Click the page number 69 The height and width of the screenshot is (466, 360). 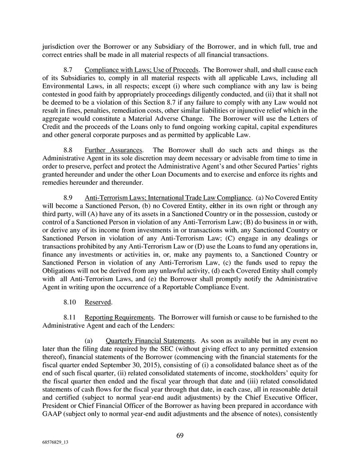[x=180, y=435]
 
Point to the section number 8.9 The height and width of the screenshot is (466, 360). [x=68, y=197]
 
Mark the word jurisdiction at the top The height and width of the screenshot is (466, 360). [x=59, y=46]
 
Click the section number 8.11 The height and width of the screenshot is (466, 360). [x=70, y=317]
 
